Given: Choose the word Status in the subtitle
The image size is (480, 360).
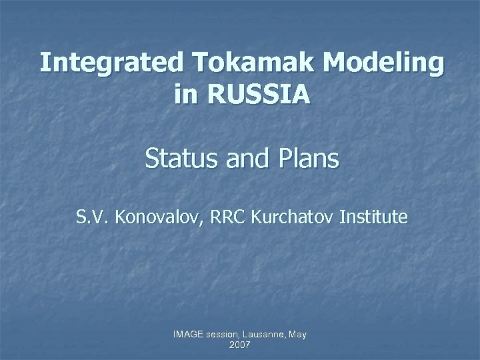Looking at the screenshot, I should coord(177,160).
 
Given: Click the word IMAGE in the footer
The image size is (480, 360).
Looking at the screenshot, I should coord(187,335).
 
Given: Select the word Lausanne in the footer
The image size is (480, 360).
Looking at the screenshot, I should coord(265,335).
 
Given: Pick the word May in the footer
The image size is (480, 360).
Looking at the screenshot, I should coord(297,335).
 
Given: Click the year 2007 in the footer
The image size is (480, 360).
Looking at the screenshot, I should coord(239,345).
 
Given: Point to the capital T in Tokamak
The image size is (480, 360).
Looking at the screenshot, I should coord(200,64).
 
